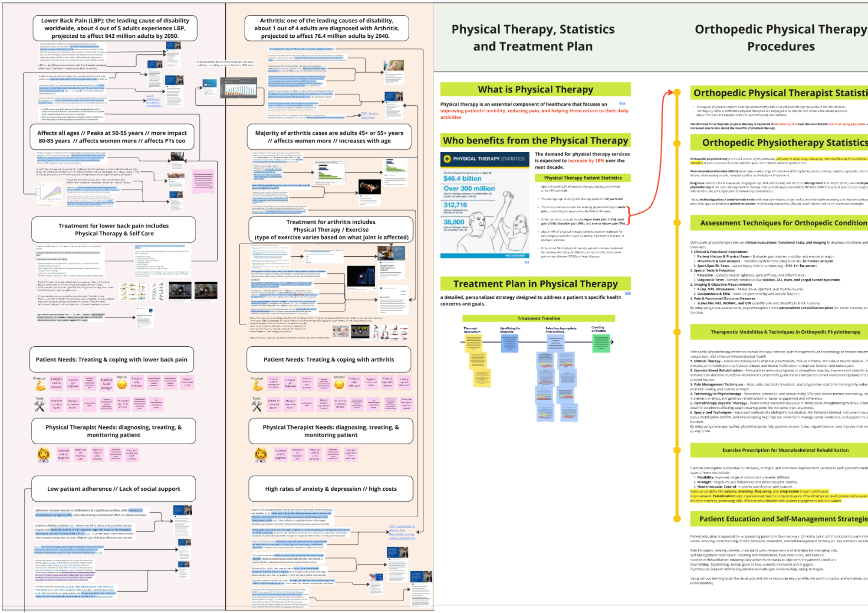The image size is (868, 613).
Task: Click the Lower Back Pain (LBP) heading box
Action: point(115,28)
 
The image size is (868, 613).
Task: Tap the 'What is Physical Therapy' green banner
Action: point(535,89)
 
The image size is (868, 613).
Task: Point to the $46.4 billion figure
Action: point(462,178)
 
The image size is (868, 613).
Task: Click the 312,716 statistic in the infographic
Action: point(455,205)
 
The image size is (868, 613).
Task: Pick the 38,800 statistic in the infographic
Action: point(454,222)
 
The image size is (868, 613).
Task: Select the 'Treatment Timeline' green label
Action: point(539,318)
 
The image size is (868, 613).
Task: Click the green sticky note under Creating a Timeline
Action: point(601,343)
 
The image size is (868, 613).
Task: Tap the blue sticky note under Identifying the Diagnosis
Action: point(510,343)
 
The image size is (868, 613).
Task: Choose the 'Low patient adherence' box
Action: point(114,489)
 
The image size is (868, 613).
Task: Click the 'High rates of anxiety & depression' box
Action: point(331,489)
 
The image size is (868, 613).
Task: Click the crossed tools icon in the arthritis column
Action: point(256,406)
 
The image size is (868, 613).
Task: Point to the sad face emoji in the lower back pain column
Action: point(122,384)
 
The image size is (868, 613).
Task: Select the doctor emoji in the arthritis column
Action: point(260,454)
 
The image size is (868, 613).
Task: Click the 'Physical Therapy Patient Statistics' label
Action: point(582,178)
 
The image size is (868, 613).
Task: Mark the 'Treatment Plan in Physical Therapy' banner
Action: point(535,284)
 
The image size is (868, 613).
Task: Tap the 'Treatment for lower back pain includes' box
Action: point(114,229)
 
